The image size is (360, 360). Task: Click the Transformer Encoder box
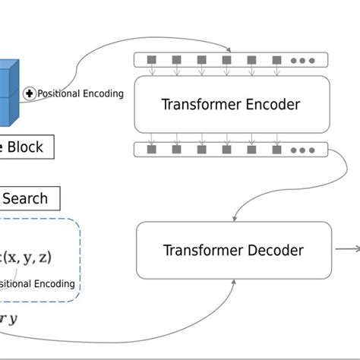(231, 104)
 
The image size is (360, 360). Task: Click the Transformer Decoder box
(233, 250)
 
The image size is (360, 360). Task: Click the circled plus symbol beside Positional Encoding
(30, 93)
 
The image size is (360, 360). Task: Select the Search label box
(26, 199)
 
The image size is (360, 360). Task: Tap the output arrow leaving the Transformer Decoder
(347, 249)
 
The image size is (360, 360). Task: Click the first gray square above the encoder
(151, 59)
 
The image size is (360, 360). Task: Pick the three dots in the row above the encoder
(302, 60)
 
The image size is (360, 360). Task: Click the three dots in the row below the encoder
(302, 150)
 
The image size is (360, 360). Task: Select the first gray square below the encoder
(151, 150)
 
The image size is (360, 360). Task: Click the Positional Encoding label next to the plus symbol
(81, 93)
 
